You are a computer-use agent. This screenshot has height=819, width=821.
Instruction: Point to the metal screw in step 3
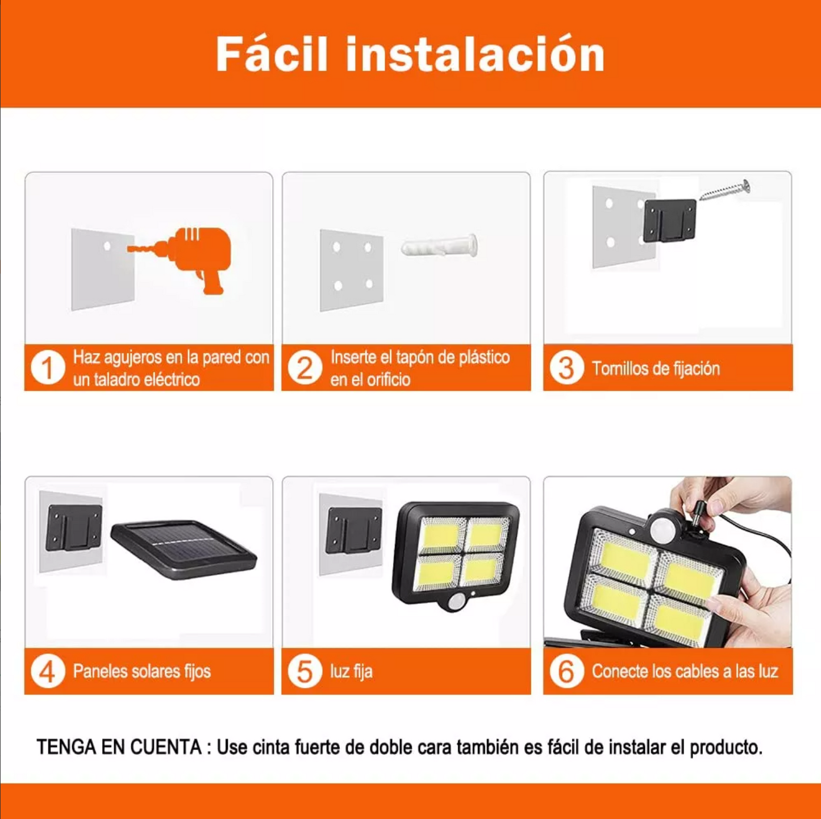pos(725,190)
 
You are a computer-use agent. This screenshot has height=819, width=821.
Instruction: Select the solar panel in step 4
pos(184,549)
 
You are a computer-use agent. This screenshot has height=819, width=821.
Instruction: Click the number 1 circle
pos(48,367)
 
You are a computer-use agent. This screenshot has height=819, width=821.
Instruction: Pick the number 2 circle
pos(305,367)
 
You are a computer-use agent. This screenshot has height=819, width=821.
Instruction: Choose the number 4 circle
pos(48,671)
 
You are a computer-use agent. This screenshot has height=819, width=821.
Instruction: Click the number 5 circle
pos(305,671)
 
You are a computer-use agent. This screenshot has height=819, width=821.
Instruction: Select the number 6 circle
pos(566,671)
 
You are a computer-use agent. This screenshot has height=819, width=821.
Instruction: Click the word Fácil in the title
pos(272,54)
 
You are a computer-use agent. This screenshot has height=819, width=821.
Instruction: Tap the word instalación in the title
pos(475,54)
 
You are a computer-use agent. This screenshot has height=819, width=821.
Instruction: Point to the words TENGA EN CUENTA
pos(119,747)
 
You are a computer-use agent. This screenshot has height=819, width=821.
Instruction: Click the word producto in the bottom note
pos(726,747)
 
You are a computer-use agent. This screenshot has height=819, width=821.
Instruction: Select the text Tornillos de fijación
pos(656,369)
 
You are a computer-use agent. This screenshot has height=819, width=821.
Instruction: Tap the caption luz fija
pos(352,671)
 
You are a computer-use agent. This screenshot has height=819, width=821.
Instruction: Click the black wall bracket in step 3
pos(670,220)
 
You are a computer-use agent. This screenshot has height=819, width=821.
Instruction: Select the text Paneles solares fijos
pos(142,671)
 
